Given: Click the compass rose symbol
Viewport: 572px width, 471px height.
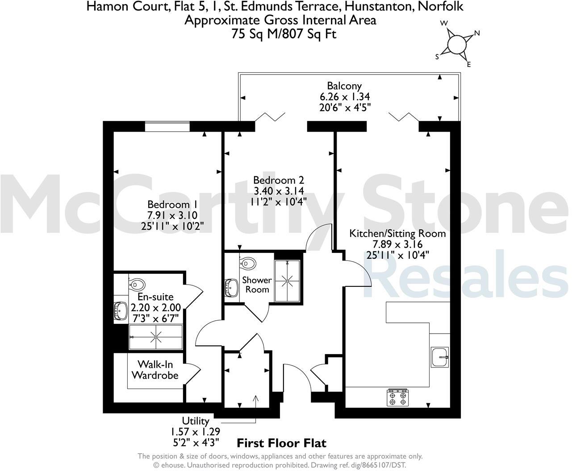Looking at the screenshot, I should click(456, 44).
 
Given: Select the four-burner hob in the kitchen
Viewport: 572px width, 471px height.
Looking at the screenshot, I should click(397, 397).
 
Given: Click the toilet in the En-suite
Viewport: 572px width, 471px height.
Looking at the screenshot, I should click(137, 284).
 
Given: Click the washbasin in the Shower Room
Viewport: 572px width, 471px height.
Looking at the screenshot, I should click(231, 288).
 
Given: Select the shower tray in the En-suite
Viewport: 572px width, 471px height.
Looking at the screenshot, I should click(155, 337).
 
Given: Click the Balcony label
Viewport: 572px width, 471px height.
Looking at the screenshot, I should click(344, 86).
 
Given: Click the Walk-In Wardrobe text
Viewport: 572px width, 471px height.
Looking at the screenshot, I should click(154, 370).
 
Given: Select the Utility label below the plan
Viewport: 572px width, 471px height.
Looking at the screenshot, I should click(195, 421).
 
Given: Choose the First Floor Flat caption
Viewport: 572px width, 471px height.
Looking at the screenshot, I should click(281, 443).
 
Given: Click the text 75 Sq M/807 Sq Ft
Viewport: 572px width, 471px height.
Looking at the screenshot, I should click(284, 34).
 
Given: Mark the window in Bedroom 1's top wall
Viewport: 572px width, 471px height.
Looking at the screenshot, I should click(167, 127).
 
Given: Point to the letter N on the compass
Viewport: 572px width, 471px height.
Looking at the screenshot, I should click(476, 33).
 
